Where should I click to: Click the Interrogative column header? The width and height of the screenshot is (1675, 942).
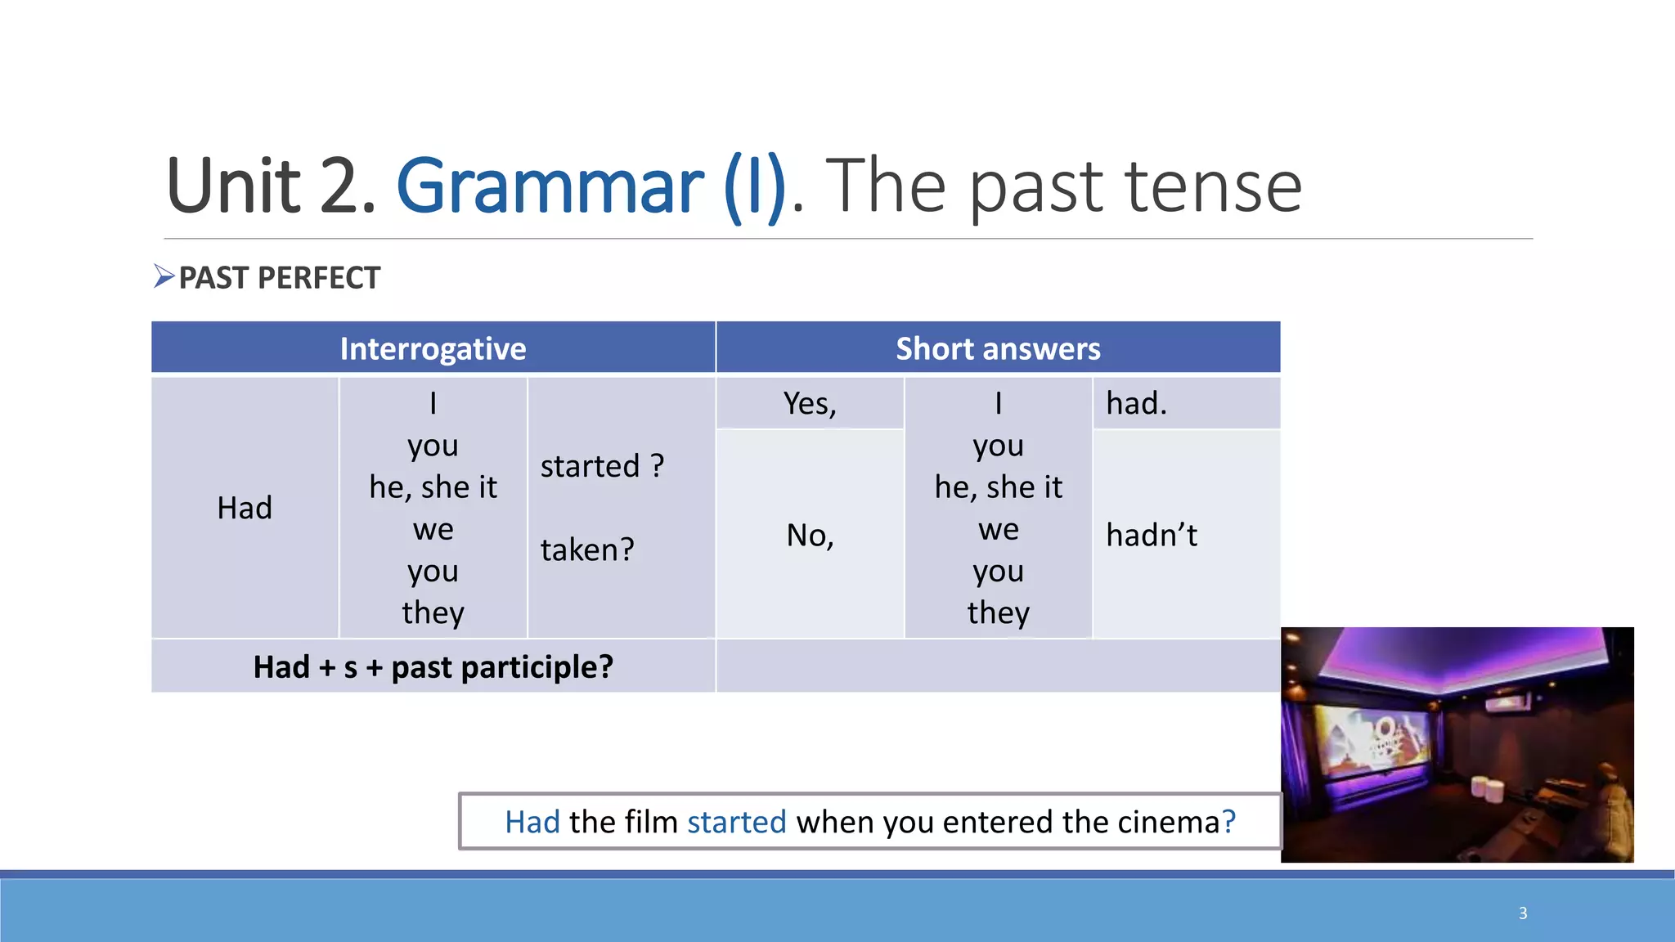(x=433, y=349)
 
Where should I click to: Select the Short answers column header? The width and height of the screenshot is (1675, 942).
(x=998, y=349)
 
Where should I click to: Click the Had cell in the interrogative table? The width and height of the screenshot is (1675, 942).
(x=245, y=508)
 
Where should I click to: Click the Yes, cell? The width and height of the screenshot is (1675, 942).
(x=810, y=403)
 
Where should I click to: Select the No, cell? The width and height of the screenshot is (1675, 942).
(x=810, y=536)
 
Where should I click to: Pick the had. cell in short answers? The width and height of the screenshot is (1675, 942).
(x=1136, y=403)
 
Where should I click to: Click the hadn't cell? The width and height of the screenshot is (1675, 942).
(x=1151, y=536)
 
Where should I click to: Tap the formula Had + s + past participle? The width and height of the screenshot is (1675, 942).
(x=433, y=667)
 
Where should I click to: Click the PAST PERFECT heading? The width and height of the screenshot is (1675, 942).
(x=280, y=278)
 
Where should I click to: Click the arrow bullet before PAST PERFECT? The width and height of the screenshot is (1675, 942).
(x=164, y=276)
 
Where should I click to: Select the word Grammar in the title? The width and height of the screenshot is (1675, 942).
(x=550, y=186)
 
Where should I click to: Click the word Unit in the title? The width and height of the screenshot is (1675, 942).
(x=234, y=186)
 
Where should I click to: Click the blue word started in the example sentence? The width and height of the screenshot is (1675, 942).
(x=736, y=822)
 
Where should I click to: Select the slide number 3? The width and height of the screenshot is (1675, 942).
(x=1523, y=913)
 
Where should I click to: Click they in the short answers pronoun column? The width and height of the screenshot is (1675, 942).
(x=998, y=612)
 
